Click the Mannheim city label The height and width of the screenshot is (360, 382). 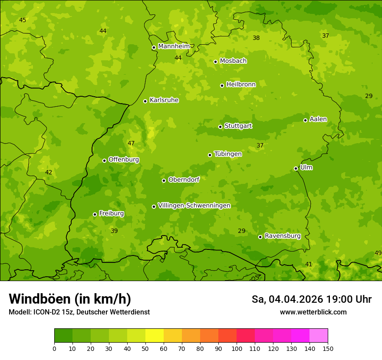174,46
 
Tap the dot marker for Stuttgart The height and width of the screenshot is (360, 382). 220,127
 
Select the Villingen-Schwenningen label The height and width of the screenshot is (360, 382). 194,206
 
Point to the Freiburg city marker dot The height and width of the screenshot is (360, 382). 95,214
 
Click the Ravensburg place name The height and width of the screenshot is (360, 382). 282,236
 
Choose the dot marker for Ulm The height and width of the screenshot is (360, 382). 296,168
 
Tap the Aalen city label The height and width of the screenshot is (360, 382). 318,119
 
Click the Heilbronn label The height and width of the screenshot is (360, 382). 241,85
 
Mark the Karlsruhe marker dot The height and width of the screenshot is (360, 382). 145,101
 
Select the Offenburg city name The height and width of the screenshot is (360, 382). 124,160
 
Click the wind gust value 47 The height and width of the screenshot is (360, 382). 131,144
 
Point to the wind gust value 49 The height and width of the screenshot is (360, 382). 378,253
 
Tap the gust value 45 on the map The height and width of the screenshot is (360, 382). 23,20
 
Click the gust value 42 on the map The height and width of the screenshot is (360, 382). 49,173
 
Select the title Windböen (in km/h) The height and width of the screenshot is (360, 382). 70,299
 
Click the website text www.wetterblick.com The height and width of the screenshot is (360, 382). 313,312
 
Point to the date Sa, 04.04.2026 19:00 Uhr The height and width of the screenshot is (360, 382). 311,299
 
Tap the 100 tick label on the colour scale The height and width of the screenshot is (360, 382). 237,348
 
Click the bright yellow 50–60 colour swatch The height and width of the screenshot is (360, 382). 155,336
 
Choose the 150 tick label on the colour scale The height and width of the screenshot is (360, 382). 328,348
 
